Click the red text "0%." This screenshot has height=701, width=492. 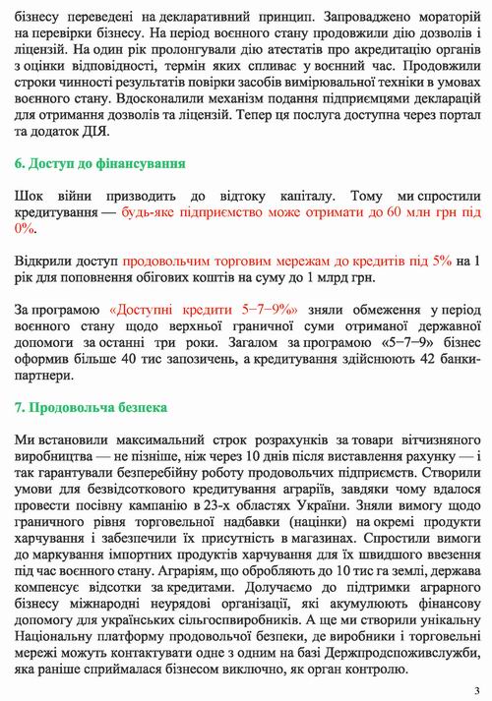[x=26, y=228]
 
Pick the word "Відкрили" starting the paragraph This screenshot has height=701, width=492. [x=43, y=261]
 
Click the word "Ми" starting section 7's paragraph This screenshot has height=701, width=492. [x=26, y=438]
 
